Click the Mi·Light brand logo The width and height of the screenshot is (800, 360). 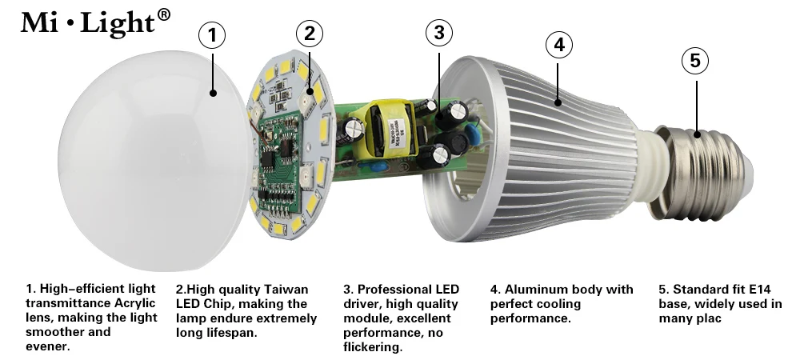click(x=95, y=22)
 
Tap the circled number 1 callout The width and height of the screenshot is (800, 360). click(x=212, y=35)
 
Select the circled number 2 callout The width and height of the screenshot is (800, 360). click(x=310, y=34)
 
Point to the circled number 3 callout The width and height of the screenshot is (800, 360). click(x=439, y=33)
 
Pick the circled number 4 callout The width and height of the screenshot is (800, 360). click(x=559, y=45)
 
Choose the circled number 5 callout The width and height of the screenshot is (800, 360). click(x=695, y=60)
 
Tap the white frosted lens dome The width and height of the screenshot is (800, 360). click(x=148, y=161)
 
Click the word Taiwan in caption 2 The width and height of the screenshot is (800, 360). click(x=285, y=289)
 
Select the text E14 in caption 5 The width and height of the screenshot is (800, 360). click(x=760, y=289)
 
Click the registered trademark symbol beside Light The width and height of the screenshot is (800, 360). click(x=163, y=14)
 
